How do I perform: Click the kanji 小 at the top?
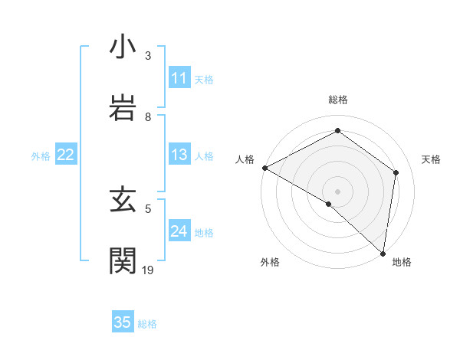point(123,47)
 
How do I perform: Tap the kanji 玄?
point(123,200)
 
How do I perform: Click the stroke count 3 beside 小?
point(148,56)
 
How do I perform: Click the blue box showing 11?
point(179,78)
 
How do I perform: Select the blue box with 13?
point(179,155)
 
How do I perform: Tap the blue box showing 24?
point(179,232)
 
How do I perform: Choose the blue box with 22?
point(65,155)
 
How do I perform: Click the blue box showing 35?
point(123,322)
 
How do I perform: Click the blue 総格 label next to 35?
point(147,324)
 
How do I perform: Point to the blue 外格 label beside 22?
point(41,156)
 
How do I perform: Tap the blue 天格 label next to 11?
point(204,79)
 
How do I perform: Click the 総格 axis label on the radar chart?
point(337,100)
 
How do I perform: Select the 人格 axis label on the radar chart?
point(245,159)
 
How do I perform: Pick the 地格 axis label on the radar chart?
point(402,263)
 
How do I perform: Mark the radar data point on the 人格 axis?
point(264,168)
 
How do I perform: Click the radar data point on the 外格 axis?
point(329,204)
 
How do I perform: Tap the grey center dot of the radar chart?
point(337,191)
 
